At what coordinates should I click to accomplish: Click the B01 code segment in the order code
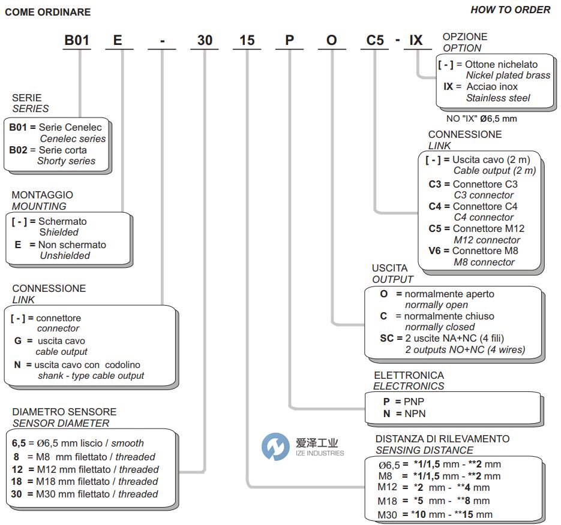(77, 40)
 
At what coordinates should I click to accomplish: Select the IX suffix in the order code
(416, 40)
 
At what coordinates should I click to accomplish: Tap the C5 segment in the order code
(375, 40)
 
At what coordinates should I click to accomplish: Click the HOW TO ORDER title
(510, 10)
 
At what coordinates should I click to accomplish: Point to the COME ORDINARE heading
(48, 12)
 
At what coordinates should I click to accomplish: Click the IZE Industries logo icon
(276, 446)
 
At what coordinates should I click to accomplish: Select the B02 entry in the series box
(22, 150)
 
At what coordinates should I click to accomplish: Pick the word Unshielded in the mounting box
(65, 255)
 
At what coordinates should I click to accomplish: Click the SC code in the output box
(386, 338)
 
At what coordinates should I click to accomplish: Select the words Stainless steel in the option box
(498, 98)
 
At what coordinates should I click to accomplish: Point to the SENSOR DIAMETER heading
(61, 423)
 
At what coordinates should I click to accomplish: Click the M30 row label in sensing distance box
(388, 515)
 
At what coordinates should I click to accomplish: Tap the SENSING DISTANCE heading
(424, 450)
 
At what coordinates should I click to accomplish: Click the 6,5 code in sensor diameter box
(19, 443)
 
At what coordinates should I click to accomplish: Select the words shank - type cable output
(91, 376)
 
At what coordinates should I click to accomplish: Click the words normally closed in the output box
(440, 327)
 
